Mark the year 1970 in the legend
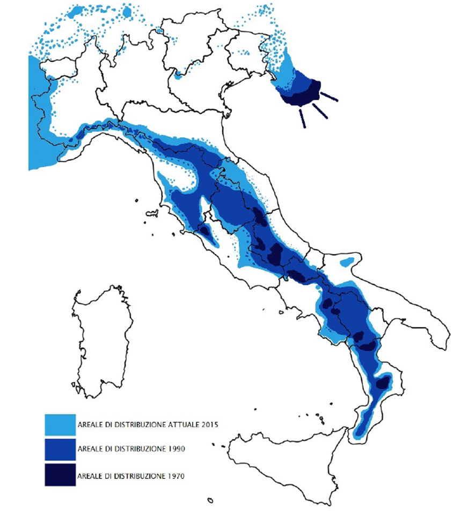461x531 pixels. (x=175, y=475)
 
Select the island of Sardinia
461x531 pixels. (x=102, y=343)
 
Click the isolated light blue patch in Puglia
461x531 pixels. (x=348, y=261)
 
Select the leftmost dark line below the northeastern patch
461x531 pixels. (x=303, y=119)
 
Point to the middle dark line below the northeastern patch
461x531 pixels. (x=319, y=111)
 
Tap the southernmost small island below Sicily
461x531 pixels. (x=210, y=500)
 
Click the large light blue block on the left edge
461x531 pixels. (x=40, y=123)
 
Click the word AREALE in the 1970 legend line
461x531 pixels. (x=90, y=475)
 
